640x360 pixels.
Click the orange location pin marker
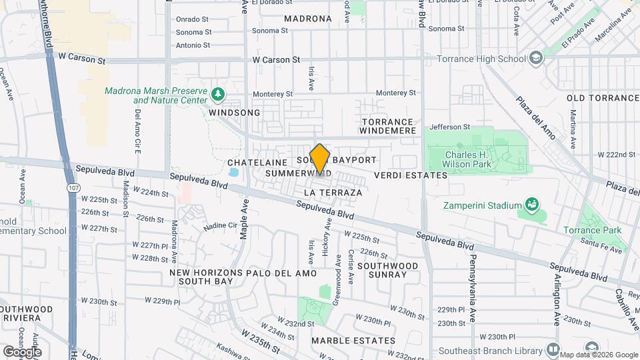tap(320, 160)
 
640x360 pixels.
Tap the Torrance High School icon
tap(535, 58)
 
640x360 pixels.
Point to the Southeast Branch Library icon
tap(553, 349)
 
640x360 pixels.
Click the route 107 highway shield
tap(73, 189)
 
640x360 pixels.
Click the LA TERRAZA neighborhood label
tap(333, 193)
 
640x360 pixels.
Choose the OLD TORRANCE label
tap(603, 98)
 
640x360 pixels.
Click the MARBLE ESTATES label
tap(353, 341)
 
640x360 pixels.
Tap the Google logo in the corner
tap(22, 351)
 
